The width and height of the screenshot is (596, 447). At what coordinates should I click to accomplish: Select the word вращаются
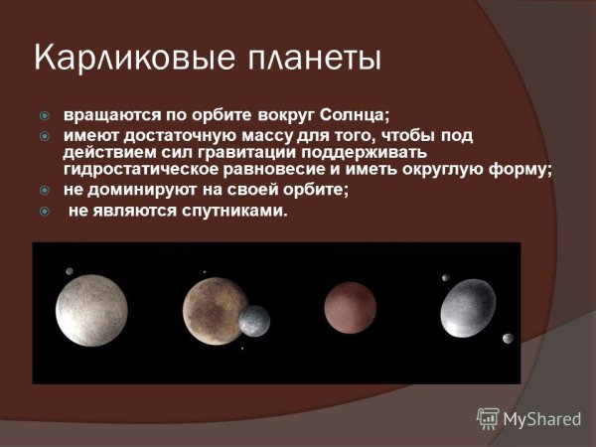[107, 115]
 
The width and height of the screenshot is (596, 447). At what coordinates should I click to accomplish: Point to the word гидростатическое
[138, 170]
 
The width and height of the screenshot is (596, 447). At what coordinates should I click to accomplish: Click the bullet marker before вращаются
[44, 115]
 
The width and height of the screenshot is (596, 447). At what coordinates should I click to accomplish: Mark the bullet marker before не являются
[44, 211]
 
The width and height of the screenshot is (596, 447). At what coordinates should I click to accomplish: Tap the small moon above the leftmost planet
[69, 272]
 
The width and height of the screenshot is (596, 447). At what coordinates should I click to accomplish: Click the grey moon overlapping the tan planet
[253, 321]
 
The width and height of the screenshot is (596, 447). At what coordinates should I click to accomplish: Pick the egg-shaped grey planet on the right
[468, 308]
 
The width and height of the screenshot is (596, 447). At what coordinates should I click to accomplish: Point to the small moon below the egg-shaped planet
[508, 339]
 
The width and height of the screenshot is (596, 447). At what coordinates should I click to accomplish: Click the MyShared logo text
[541, 419]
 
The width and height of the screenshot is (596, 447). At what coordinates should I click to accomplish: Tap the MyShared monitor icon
[488, 418]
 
